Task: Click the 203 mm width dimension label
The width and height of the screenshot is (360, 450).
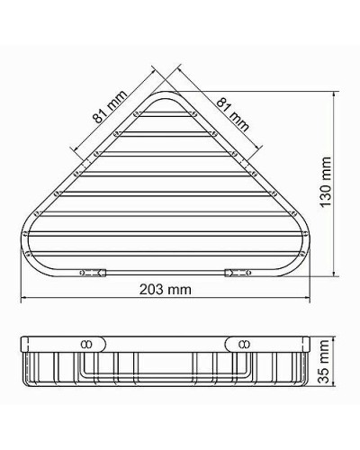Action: [166, 290]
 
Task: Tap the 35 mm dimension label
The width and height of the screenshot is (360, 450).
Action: [327, 369]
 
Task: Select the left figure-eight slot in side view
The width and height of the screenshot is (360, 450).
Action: [87, 343]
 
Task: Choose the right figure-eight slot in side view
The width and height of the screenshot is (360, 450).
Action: [244, 343]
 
